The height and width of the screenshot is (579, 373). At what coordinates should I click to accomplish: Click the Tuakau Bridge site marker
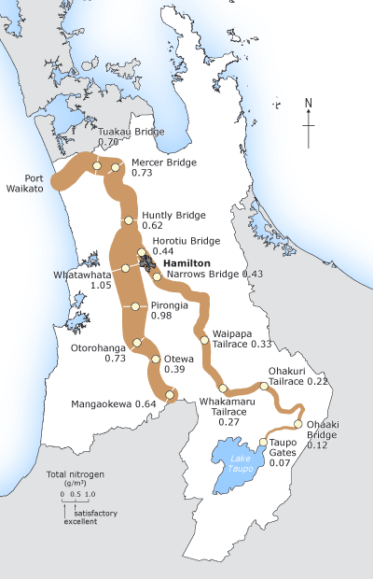tap(96, 165)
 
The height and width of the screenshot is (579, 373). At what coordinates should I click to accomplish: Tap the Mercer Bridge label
tap(163, 161)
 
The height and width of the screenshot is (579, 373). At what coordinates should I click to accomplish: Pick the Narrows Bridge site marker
tap(157, 276)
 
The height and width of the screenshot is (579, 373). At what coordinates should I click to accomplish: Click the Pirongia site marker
tap(136, 306)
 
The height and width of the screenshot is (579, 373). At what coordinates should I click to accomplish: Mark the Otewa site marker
tap(155, 359)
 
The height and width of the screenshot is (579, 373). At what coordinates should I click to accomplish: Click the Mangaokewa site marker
tap(170, 396)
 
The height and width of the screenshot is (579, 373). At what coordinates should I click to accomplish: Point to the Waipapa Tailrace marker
tap(204, 340)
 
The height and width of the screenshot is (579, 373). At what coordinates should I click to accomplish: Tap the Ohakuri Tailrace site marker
tap(264, 386)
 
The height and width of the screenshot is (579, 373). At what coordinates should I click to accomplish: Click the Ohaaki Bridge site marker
tap(298, 423)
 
